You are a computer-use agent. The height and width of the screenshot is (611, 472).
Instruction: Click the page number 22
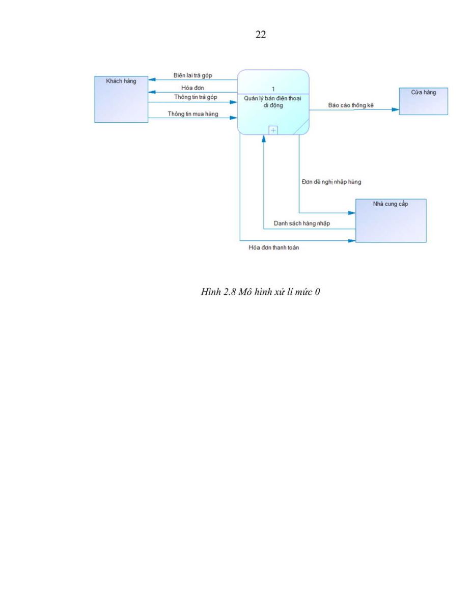point(261,35)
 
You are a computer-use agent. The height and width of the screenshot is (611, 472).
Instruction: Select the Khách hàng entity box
point(121,99)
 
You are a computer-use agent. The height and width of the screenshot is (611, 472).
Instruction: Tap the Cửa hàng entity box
point(423,101)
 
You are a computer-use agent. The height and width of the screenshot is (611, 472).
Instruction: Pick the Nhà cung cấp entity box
point(391,221)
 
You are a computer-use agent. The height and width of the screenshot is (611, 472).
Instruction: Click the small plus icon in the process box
point(273,130)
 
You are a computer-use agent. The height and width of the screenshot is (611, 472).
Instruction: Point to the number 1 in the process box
point(273,89)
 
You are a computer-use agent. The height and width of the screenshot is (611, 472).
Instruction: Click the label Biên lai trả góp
point(192,75)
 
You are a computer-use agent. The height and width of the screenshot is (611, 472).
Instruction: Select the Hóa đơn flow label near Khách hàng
point(192,88)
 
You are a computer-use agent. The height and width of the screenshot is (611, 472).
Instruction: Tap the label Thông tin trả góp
point(196,97)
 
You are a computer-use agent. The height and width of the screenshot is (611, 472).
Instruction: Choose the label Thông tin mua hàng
point(193,114)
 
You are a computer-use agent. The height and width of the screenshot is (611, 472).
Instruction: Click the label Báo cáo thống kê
point(351,105)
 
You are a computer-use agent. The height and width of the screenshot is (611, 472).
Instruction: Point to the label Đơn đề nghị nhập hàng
point(331,182)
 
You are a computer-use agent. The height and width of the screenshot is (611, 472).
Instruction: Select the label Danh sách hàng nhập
point(301,223)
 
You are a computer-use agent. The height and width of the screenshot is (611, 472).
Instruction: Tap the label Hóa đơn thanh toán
point(273,247)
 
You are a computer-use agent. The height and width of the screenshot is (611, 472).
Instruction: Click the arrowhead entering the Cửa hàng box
point(395,109)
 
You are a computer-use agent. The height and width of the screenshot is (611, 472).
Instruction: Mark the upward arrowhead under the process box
point(264,138)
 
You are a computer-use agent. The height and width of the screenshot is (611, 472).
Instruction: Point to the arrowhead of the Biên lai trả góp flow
point(152,79)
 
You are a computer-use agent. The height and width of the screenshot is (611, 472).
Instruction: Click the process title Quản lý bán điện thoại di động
point(272,102)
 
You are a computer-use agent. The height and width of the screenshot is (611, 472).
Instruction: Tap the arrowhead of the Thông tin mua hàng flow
point(233,118)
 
